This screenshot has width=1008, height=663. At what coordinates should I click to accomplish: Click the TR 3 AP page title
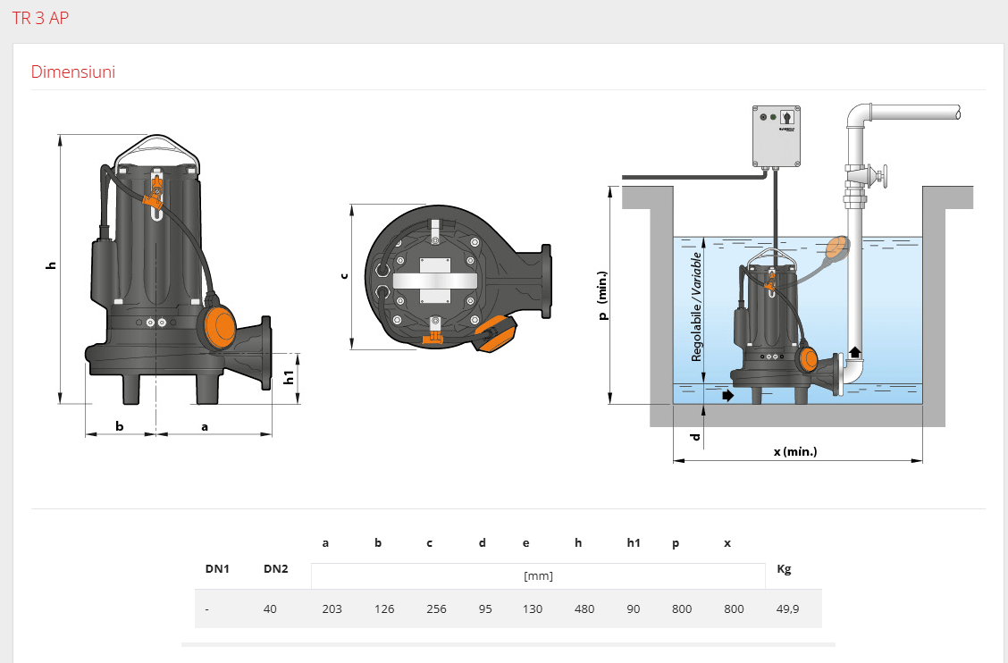click(40, 18)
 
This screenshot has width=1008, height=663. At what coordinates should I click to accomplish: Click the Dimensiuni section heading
click(73, 71)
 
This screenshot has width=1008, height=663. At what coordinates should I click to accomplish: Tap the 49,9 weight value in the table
click(787, 609)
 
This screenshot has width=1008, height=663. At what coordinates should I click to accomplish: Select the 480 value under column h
click(584, 609)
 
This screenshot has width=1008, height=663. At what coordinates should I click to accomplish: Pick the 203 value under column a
click(332, 609)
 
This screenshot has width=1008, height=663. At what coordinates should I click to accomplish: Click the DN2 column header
click(276, 568)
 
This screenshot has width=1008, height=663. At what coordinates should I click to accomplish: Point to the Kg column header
click(784, 569)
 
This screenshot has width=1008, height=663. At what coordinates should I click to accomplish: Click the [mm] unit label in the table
click(538, 575)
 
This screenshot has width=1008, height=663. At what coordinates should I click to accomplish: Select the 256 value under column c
click(436, 609)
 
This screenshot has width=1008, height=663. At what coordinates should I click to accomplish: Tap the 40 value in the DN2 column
click(270, 609)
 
